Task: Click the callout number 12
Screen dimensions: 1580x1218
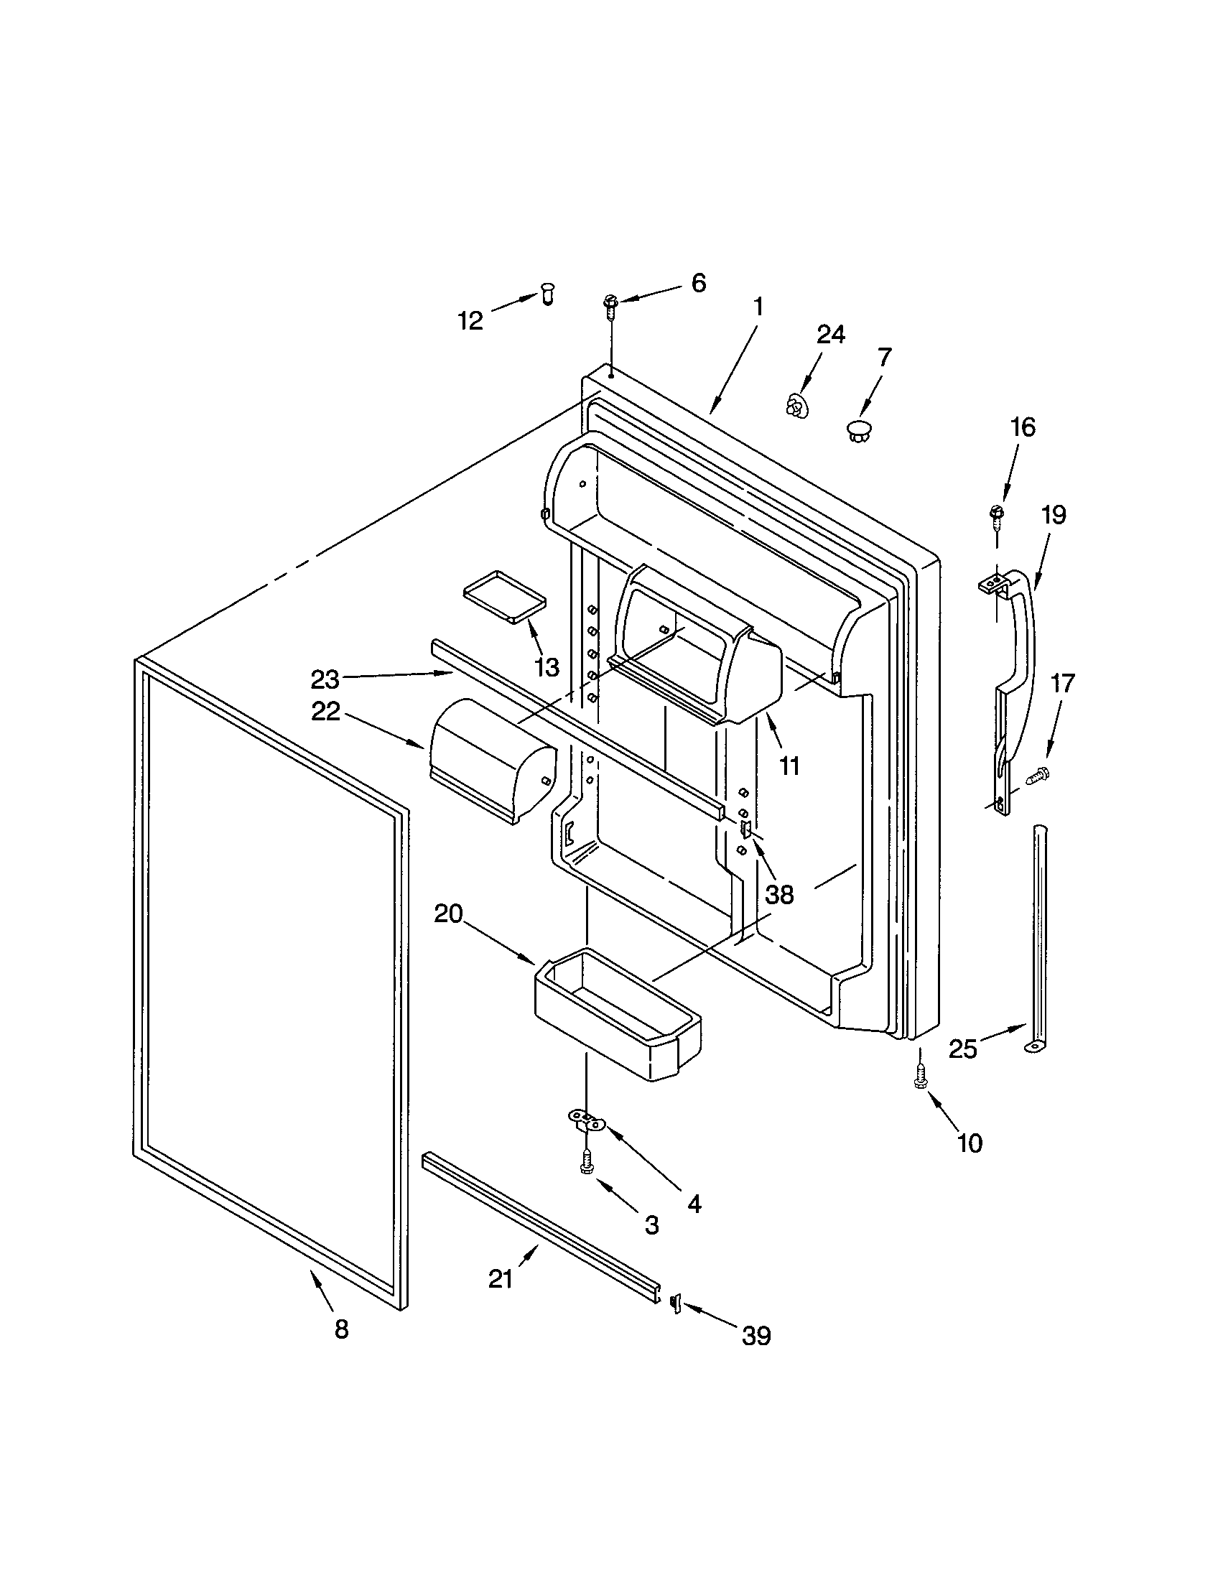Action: pos(470,320)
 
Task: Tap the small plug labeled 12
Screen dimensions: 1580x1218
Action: pos(547,295)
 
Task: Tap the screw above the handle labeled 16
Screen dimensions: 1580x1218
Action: pos(996,513)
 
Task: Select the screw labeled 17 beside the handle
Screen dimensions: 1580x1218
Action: pos(1038,775)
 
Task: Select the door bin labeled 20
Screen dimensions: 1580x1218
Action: pos(615,1013)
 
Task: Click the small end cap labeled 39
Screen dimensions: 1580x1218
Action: pos(676,1302)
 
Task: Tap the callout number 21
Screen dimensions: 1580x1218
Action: pos(501,1280)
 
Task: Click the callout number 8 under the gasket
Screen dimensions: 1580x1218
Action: pos(341,1329)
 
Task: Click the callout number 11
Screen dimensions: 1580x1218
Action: pos(789,766)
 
